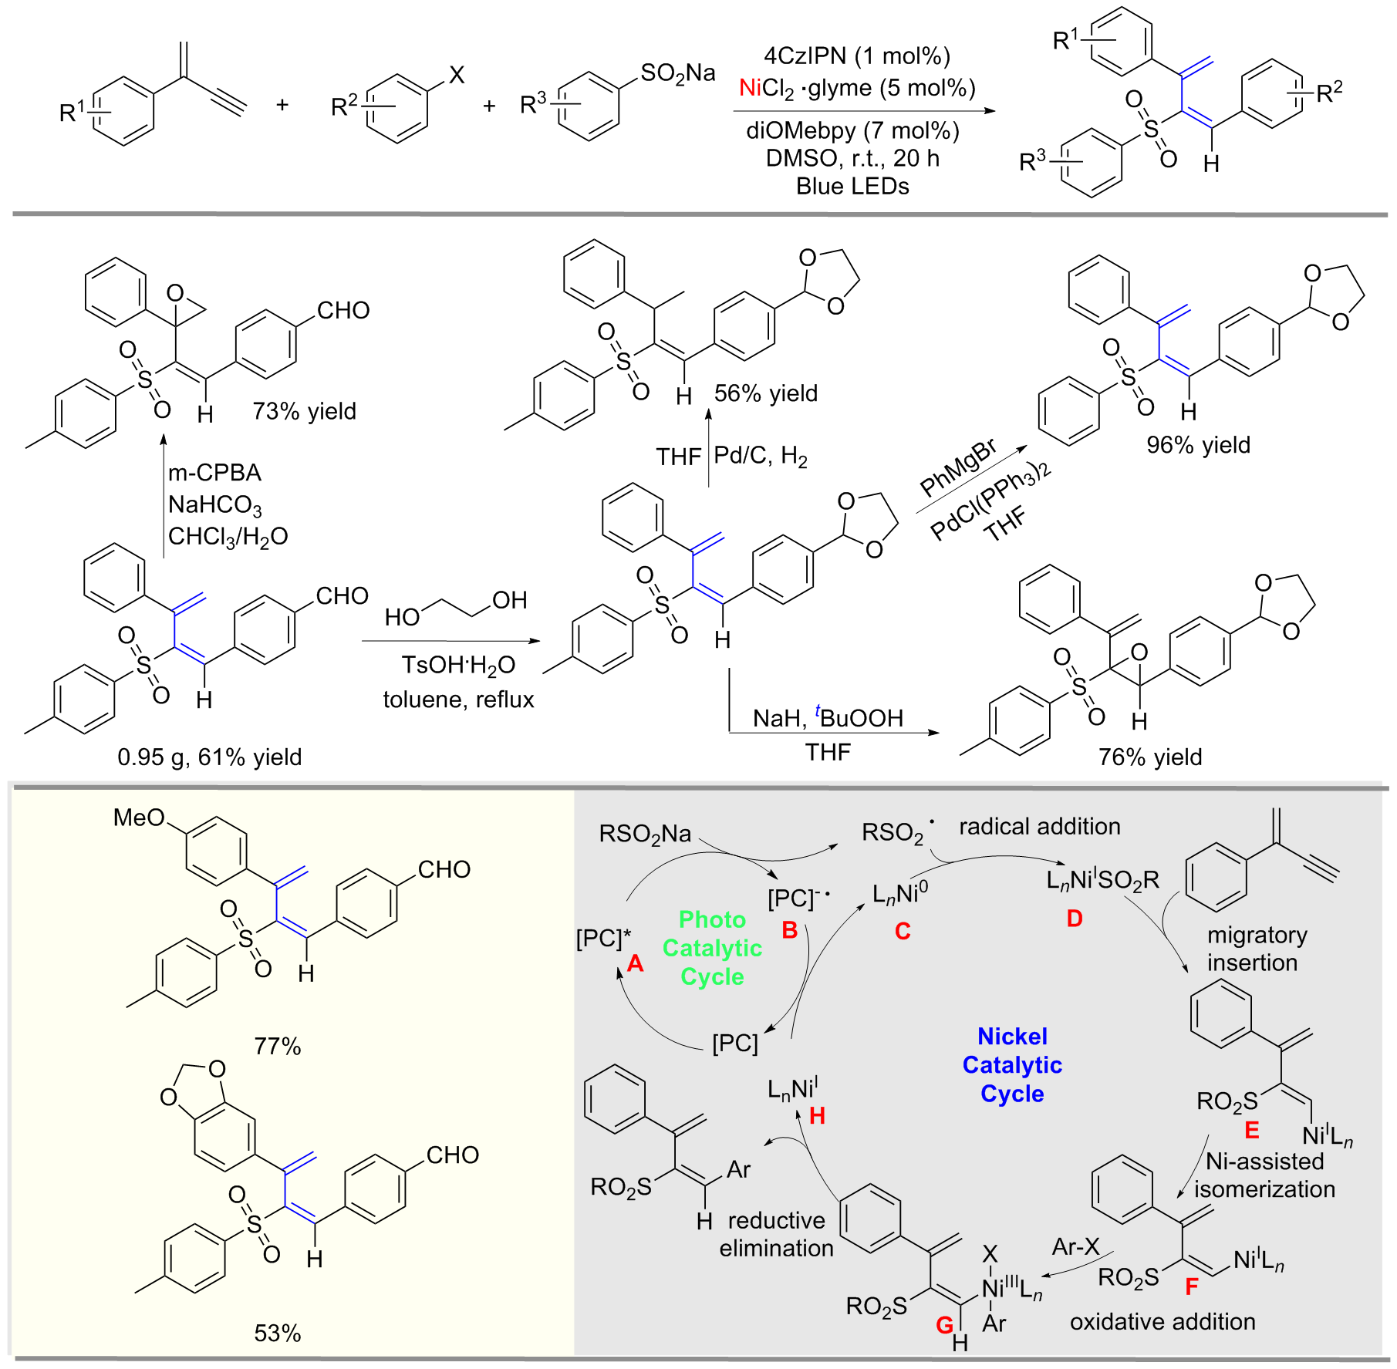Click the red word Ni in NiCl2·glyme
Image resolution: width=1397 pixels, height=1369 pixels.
(x=750, y=88)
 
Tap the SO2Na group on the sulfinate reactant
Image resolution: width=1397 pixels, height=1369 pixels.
(x=677, y=73)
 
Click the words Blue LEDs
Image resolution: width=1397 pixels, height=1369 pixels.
(x=852, y=187)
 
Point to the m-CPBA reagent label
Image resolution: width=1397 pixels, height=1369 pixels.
(x=214, y=472)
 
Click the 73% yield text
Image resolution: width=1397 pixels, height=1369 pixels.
(x=304, y=411)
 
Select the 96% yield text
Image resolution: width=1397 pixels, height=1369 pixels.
(x=1198, y=445)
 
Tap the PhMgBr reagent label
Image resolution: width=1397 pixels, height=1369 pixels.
(x=958, y=468)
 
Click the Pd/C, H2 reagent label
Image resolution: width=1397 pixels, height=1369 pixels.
(x=760, y=456)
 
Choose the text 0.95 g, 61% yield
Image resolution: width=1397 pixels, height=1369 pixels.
(x=209, y=757)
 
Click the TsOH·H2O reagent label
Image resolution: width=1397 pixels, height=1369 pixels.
(x=458, y=665)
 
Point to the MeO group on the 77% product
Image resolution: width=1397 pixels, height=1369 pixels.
(x=139, y=818)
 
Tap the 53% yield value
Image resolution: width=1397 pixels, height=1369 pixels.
(x=277, y=1333)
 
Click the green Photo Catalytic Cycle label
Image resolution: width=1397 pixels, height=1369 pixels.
(x=712, y=948)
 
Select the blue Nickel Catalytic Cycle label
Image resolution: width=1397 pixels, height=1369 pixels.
(x=1012, y=1064)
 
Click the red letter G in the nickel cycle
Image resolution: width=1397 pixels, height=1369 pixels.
(x=944, y=1324)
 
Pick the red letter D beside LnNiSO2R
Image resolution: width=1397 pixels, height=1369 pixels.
(x=1075, y=919)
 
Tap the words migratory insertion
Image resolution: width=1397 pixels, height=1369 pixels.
(x=1257, y=949)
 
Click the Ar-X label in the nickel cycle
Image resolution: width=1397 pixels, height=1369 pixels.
(x=1075, y=1246)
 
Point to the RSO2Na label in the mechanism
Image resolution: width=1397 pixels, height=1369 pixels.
(x=645, y=834)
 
